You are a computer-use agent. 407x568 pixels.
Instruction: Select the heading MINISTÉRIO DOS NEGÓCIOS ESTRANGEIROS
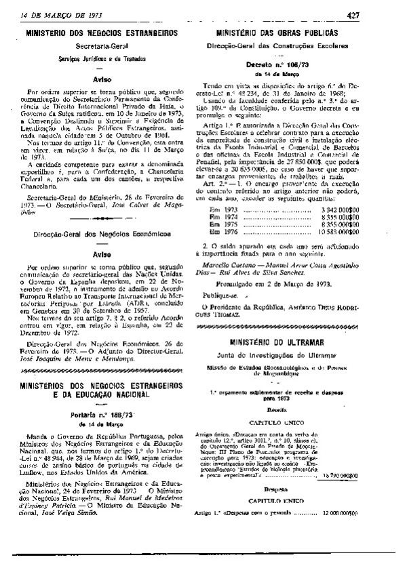pos(102,32)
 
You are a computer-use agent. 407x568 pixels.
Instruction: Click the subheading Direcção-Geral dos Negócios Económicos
pos(102,233)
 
